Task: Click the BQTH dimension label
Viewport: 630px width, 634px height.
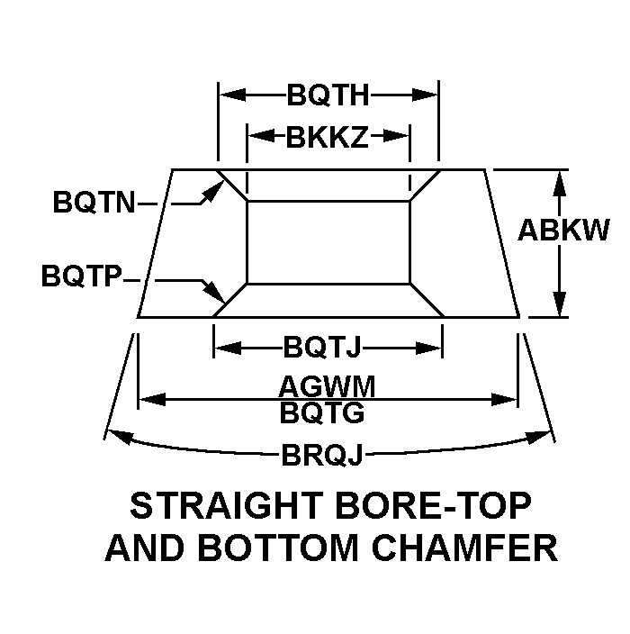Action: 328,95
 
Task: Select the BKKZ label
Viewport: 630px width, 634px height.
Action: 328,137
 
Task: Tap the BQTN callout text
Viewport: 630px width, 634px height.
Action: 94,202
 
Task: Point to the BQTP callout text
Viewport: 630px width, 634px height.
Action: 82,276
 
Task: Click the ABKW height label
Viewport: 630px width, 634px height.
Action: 563,231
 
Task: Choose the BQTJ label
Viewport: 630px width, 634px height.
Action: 321,347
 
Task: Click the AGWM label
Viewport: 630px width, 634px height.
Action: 327,386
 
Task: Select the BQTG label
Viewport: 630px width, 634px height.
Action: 322,412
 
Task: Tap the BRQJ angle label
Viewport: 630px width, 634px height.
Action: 322,455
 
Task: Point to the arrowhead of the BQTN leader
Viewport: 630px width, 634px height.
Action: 216,190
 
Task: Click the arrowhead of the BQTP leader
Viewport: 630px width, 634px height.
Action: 215,293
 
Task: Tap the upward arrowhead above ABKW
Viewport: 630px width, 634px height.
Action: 559,183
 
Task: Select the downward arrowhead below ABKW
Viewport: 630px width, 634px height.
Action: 559,304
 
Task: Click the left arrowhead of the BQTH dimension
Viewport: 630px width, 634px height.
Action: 232,95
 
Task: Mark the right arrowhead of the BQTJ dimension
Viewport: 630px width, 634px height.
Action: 428,348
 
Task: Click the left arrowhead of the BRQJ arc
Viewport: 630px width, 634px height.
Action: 119,437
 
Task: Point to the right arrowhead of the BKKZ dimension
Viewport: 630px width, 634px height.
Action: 396,136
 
